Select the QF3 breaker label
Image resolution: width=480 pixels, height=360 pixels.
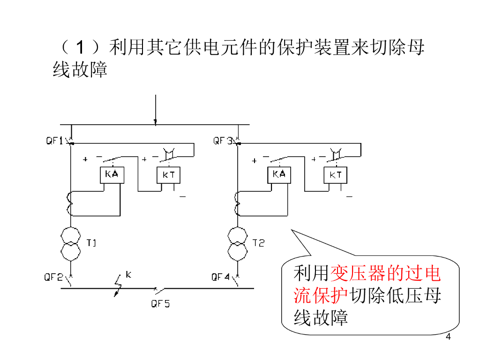[x=223, y=141]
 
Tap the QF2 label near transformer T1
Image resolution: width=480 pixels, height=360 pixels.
[x=53, y=277]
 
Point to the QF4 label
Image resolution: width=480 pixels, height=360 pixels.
[x=220, y=277]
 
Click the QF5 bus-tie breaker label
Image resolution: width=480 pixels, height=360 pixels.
[x=160, y=303]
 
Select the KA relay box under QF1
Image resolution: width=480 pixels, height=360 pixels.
[x=112, y=174]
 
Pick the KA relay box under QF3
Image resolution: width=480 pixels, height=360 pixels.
[x=279, y=174]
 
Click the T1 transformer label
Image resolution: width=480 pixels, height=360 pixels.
[x=91, y=243]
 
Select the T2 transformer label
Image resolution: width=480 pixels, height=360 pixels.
[x=258, y=243]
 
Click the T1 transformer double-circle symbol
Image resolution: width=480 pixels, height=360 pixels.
[x=70, y=243]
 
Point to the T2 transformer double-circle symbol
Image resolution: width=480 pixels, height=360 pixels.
[x=238, y=243]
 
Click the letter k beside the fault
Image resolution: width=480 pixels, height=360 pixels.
[x=128, y=275]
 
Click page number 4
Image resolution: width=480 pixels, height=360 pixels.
[x=448, y=337]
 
